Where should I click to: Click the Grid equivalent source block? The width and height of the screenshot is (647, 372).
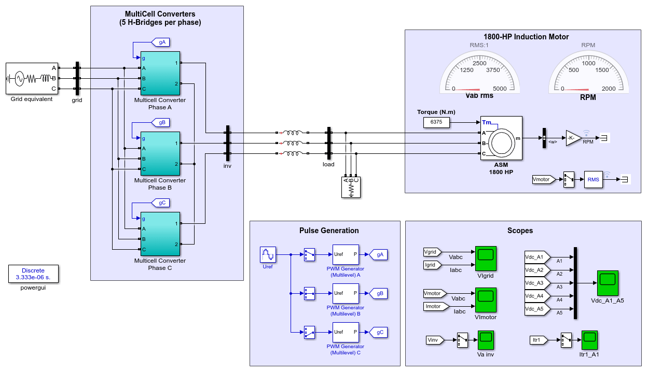32,78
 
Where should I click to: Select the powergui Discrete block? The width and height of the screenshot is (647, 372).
33,274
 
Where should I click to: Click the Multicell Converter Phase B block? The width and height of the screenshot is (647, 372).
160,153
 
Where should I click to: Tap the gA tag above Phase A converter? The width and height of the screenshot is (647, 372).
161,42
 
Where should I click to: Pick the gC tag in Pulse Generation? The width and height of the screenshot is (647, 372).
379,333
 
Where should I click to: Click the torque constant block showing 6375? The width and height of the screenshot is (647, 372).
436,122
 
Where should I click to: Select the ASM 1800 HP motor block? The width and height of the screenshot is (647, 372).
501,138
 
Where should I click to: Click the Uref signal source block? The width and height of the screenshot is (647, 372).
268,254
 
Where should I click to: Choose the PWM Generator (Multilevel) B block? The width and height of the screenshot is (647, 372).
346,293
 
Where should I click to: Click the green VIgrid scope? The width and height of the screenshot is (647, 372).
486,259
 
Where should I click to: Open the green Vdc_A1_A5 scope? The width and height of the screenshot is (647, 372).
608,283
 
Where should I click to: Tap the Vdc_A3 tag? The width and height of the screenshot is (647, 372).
537,283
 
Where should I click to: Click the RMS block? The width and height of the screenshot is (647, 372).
593,179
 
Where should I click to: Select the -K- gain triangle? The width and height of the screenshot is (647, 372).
572,138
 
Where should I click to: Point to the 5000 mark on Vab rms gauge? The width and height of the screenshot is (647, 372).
500,89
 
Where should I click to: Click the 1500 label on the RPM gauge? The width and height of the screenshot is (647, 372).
602,70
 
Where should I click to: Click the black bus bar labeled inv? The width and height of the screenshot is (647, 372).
228,144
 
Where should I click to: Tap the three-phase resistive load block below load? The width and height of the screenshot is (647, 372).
351,188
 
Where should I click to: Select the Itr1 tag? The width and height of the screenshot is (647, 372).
539,340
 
